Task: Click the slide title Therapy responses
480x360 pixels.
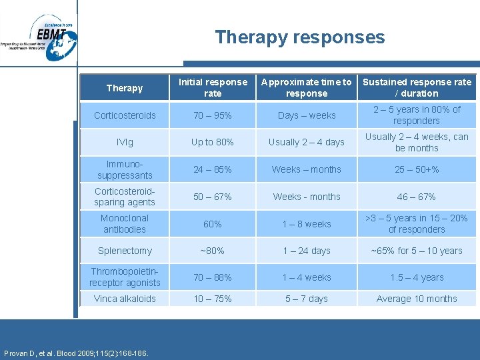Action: pyautogui.click(x=299, y=37)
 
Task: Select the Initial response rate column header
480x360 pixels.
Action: pyautogui.click(x=213, y=88)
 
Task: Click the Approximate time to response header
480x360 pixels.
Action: pyautogui.click(x=307, y=88)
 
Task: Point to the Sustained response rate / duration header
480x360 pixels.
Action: pyautogui.click(x=417, y=88)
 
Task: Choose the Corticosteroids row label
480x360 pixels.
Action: pyautogui.click(x=125, y=115)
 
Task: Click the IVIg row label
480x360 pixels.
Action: pyautogui.click(x=125, y=142)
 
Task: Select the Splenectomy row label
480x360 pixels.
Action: pyautogui.click(x=125, y=251)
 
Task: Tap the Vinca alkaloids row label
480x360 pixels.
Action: pyautogui.click(x=125, y=299)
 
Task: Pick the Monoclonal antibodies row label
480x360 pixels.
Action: pyautogui.click(x=125, y=223)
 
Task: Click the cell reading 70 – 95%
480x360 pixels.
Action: pyautogui.click(x=213, y=115)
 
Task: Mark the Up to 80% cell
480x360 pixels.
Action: pyautogui.click(x=213, y=142)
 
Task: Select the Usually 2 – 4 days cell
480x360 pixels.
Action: pyautogui.click(x=307, y=142)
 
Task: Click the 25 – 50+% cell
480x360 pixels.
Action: pyautogui.click(x=417, y=169)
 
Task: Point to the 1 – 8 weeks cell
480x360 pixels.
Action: pyautogui.click(x=307, y=224)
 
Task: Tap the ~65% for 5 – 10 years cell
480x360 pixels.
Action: pyautogui.click(x=417, y=251)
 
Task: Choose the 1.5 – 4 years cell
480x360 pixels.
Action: pyautogui.click(x=417, y=277)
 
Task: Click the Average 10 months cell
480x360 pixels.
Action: pyautogui.click(x=417, y=299)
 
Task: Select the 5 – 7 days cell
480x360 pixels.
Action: pyautogui.click(x=307, y=299)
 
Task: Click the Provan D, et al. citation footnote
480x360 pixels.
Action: pyautogui.click(x=76, y=353)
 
